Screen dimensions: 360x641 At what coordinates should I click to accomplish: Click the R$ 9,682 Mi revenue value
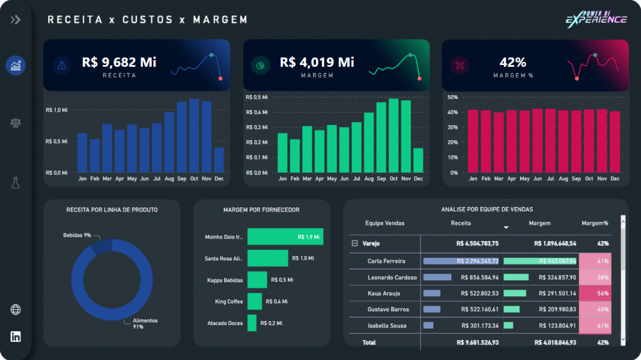point(119,62)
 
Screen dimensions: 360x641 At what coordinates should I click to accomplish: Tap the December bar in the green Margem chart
point(418,160)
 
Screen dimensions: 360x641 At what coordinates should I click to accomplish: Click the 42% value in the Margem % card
point(513,62)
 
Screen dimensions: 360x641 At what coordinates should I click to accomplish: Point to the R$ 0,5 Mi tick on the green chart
point(257,97)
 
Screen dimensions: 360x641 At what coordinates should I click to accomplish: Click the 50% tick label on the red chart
point(453,97)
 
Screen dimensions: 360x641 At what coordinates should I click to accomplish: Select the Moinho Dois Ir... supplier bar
point(285,237)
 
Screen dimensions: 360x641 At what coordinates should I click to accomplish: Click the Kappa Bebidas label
point(224,280)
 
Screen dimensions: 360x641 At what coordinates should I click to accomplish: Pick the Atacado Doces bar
point(252,323)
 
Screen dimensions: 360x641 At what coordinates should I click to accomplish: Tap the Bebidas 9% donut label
point(77,235)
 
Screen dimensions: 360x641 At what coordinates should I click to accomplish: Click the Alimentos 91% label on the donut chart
point(145,324)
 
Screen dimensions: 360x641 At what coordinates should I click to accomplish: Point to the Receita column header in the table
point(461,223)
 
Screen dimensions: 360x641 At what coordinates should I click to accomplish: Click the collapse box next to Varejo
point(354,244)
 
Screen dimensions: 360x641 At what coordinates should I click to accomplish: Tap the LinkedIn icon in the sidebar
point(16,337)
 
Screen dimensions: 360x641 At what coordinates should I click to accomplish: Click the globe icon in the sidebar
point(16,309)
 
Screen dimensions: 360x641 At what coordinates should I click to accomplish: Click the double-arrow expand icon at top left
point(16,19)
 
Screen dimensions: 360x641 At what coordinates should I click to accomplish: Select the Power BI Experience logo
point(596,19)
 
